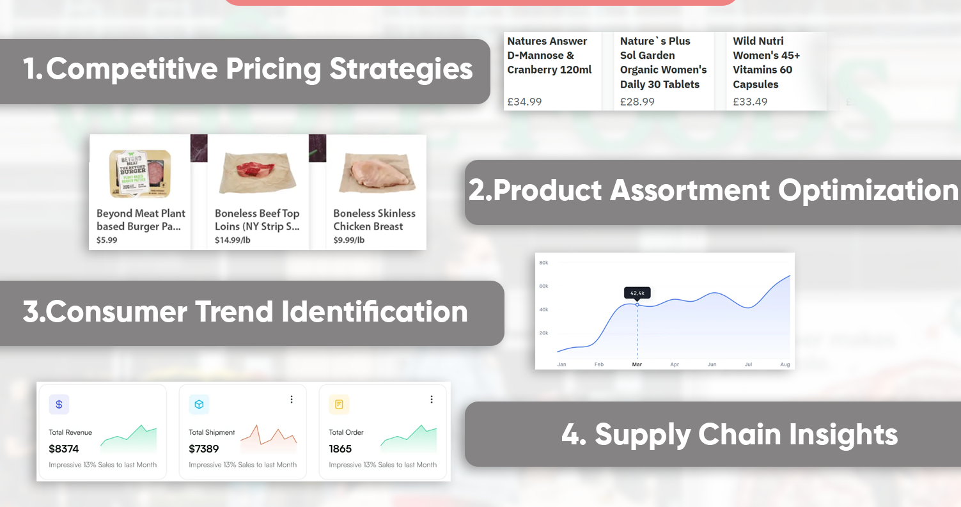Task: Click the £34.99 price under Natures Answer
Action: pos(524,102)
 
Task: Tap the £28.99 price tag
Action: pos(637,102)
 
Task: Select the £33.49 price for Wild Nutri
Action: pos(750,102)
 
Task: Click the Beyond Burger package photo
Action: pos(140,173)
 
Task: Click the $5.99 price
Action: pos(107,240)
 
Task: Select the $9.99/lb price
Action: pos(349,240)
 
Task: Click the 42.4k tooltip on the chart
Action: pos(637,293)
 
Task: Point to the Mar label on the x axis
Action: pos(637,364)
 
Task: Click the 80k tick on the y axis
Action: pos(543,263)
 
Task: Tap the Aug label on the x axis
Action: pos(785,364)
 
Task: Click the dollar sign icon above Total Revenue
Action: pos(59,404)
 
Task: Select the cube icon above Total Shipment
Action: pos(199,404)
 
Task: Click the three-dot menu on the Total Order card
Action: pos(432,399)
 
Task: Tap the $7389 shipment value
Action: pos(204,449)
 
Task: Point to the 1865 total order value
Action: pos(340,449)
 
